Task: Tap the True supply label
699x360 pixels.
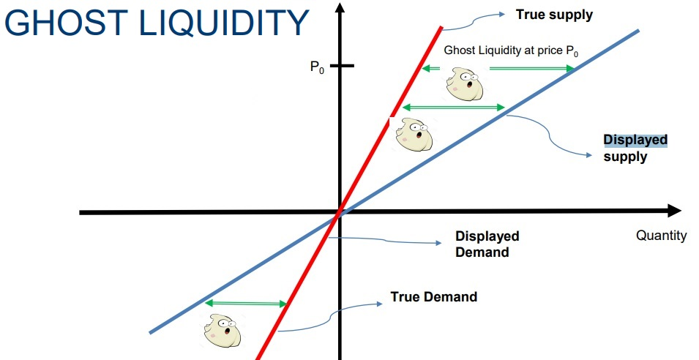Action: coord(554,15)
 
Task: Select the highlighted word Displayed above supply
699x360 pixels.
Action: coord(635,140)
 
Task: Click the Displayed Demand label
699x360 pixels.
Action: coord(487,244)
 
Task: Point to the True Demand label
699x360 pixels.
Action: coord(434,297)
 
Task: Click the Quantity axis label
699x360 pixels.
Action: coord(661,236)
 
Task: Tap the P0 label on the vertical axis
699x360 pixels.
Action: coord(317,67)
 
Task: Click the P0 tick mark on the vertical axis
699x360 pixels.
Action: coord(342,66)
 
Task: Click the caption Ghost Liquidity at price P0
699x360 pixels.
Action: coord(511,50)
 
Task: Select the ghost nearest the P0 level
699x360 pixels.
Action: coord(464,83)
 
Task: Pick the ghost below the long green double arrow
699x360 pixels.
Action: coord(414,134)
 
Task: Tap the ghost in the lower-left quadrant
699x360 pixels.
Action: coord(222,331)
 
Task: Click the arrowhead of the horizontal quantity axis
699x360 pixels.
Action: coord(674,211)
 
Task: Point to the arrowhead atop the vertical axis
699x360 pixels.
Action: coord(340,8)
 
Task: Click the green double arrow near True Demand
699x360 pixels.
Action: coord(246,304)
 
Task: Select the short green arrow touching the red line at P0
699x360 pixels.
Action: coord(430,68)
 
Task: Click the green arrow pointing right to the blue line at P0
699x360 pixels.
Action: coord(532,68)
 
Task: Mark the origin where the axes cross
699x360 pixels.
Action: coord(340,212)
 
